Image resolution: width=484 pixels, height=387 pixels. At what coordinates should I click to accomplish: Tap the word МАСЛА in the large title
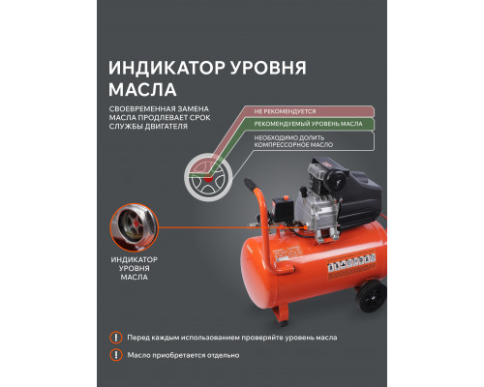click(139, 92)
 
